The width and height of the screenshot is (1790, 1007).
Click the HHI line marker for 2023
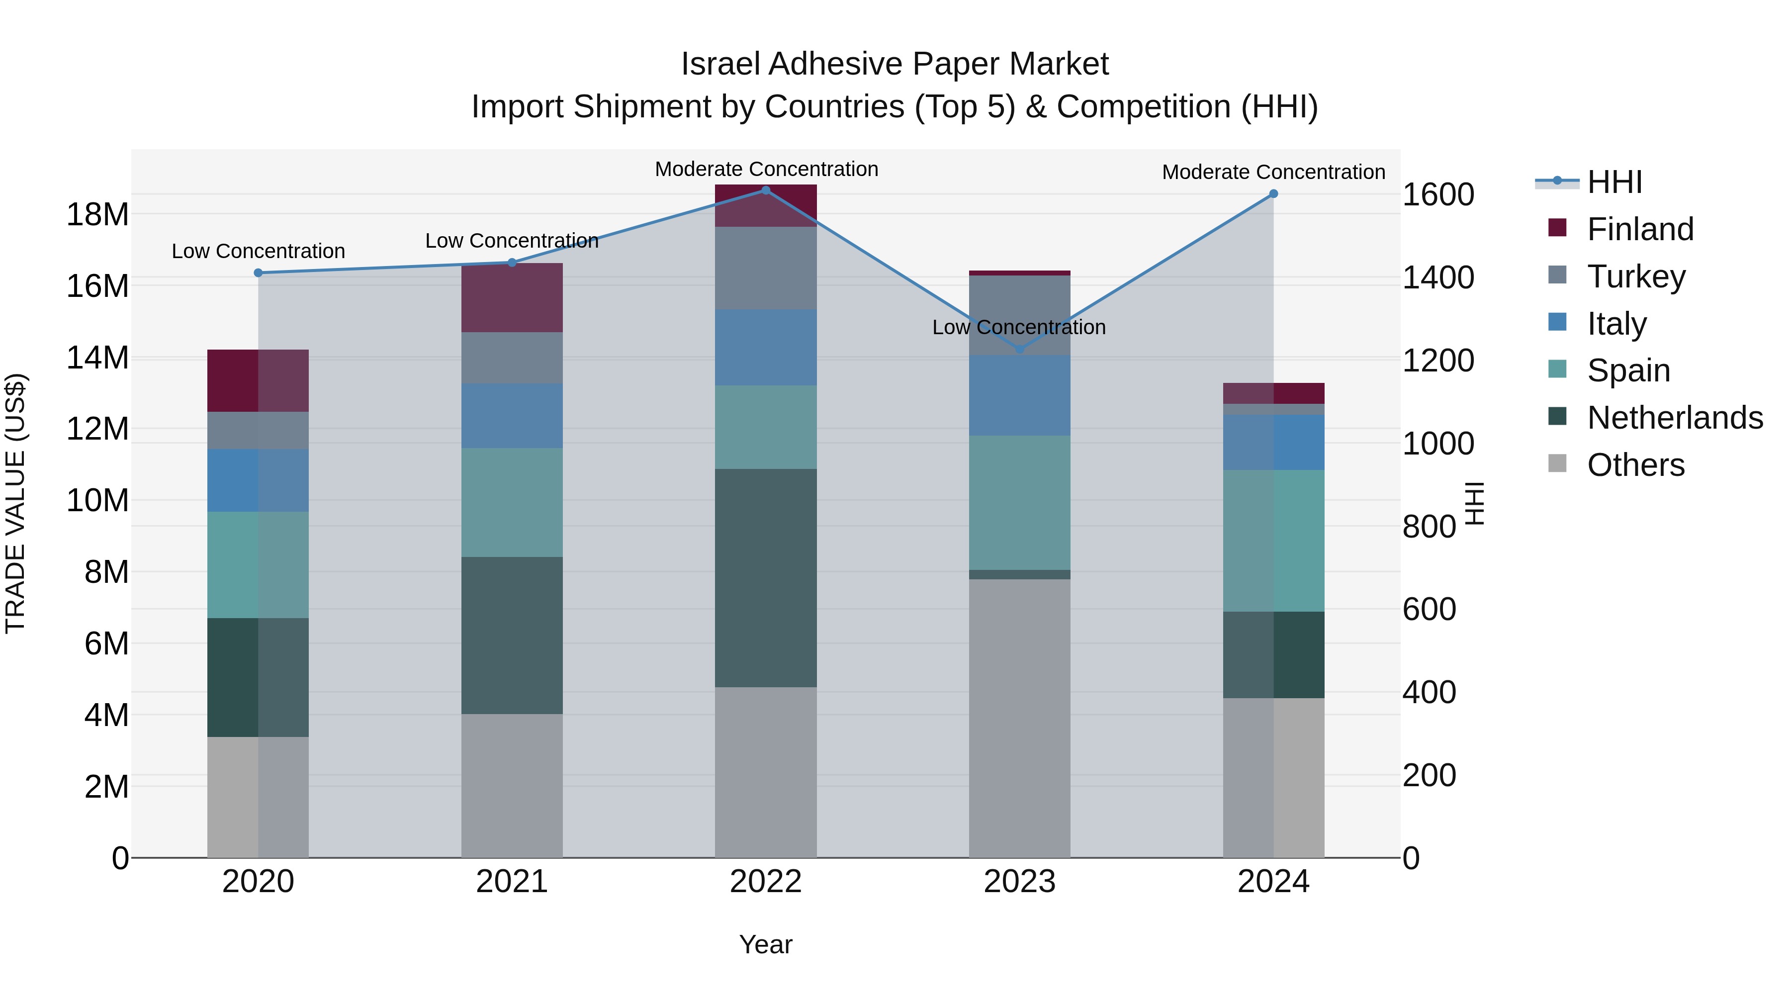point(1019,349)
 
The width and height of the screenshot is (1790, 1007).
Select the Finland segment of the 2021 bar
point(512,297)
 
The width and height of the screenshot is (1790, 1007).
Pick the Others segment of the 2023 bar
point(1019,718)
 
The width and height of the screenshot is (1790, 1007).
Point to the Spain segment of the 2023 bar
point(1019,502)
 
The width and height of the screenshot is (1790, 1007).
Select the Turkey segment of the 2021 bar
point(512,358)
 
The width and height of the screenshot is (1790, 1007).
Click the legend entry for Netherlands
point(1675,418)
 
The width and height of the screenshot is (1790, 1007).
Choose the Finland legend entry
point(1640,229)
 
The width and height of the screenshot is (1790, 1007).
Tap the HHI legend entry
point(1614,182)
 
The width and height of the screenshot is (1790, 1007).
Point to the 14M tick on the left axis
point(97,358)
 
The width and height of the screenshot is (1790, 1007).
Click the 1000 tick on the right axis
point(1437,444)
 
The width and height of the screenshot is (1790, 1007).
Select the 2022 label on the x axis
point(766,882)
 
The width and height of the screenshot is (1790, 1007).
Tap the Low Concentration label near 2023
point(1019,327)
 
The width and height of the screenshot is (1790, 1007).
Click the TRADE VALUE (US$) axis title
point(15,503)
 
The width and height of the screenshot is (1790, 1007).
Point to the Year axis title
point(766,944)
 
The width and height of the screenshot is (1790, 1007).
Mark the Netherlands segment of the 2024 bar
point(1273,654)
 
